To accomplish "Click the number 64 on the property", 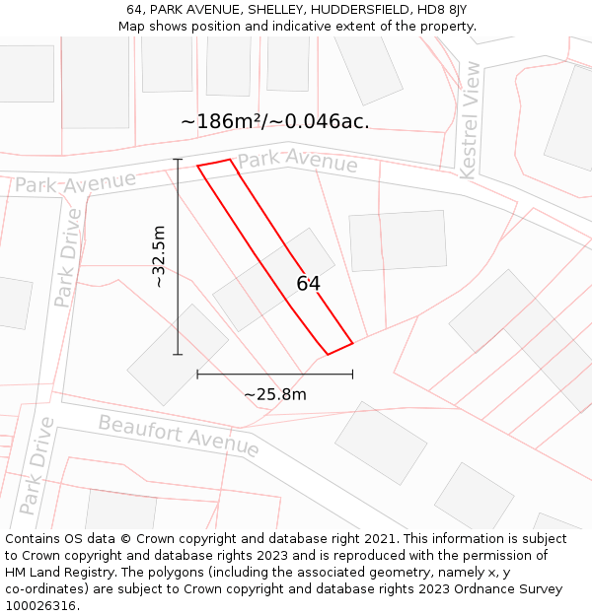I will [308, 284].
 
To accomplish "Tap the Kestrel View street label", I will [471, 120].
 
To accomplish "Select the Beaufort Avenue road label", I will [179, 436].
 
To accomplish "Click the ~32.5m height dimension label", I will [159, 256].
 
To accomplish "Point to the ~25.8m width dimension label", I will [275, 394].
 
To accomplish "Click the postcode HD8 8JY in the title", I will [443, 9].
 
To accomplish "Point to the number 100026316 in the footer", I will [40, 605].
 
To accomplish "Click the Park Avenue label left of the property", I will [75, 182].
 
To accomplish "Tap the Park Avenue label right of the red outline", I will [297, 161].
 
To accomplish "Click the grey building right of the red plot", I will [398, 240].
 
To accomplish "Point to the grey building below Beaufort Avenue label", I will [380, 443].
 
